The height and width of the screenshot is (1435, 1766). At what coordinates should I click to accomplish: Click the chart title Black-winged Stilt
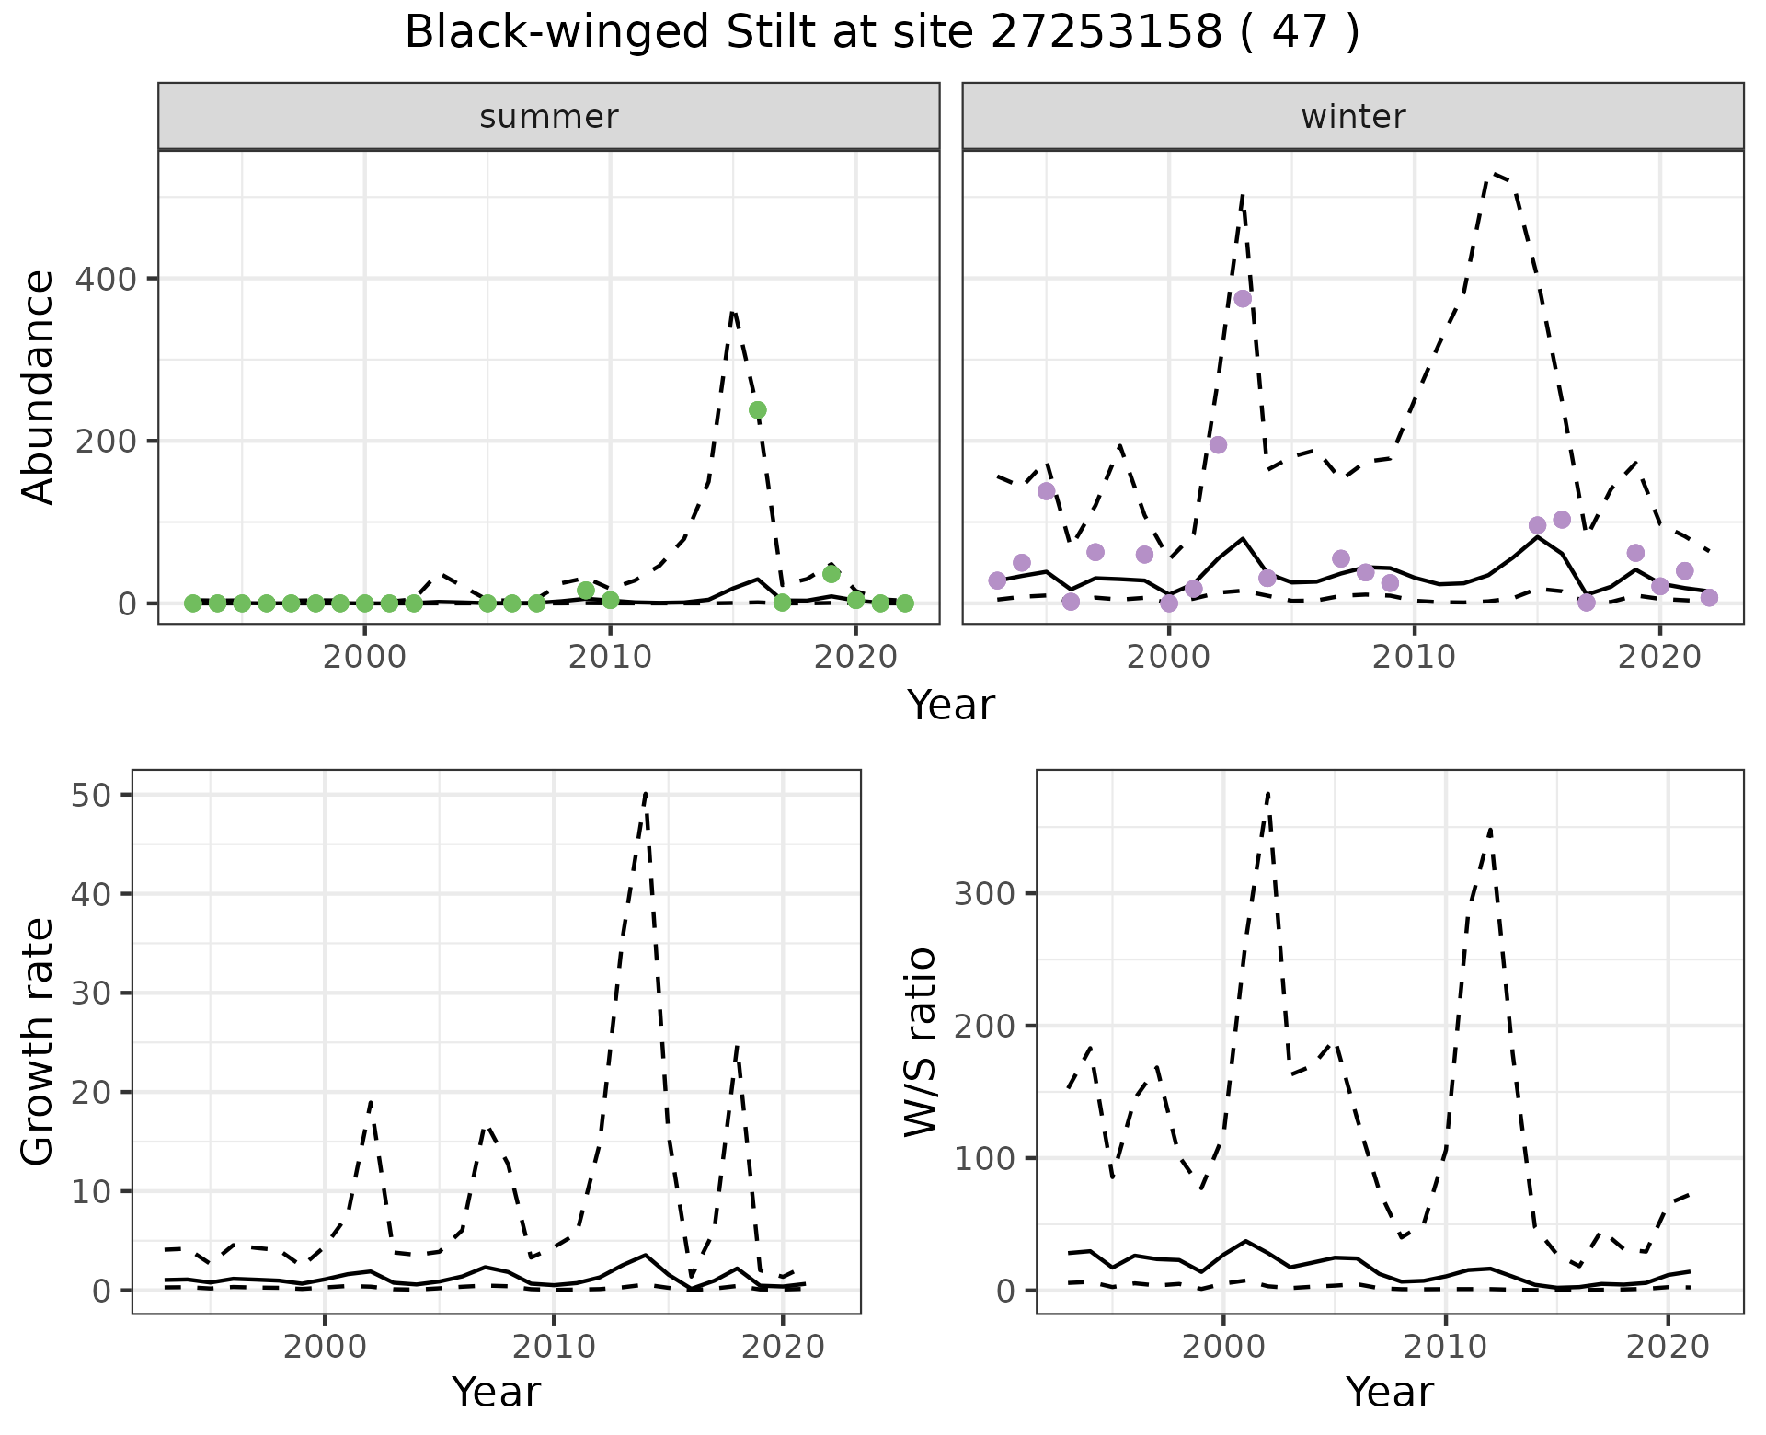click(881, 33)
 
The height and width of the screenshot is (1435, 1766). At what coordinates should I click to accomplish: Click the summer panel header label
click(549, 117)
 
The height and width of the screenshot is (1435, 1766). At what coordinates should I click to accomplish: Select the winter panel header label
click(1353, 117)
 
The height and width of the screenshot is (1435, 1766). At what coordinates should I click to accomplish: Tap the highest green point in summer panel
click(758, 410)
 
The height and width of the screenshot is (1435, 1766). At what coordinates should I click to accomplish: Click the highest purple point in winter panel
click(1243, 298)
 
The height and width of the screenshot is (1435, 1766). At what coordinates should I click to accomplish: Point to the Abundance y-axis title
click(39, 387)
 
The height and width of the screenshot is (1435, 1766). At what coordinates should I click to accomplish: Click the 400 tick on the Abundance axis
click(104, 279)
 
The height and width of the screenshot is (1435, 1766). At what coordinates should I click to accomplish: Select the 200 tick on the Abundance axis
click(104, 442)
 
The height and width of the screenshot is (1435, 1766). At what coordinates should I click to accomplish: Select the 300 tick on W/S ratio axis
click(983, 894)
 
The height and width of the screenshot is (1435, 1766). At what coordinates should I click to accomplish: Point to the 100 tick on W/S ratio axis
click(983, 1158)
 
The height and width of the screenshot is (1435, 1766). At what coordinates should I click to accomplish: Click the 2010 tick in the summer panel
click(610, 658)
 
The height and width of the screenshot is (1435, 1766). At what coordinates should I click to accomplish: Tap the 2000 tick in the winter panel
click(1169, 658)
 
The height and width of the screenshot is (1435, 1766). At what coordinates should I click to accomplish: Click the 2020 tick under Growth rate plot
click(782, 1348)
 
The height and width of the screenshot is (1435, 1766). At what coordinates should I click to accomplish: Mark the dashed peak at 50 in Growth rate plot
click(646, 793)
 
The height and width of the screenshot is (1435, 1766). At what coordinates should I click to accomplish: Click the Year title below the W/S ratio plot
click(1389, 1392)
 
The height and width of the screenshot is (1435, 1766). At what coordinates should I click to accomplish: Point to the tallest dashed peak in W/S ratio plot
click(1267, 793)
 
